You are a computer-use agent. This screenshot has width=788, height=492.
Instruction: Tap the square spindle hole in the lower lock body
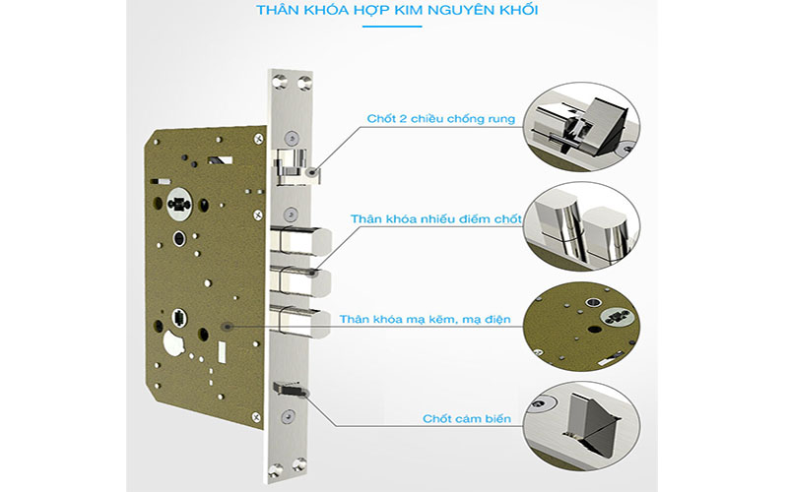pyautogui.click(x=181, y=318)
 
